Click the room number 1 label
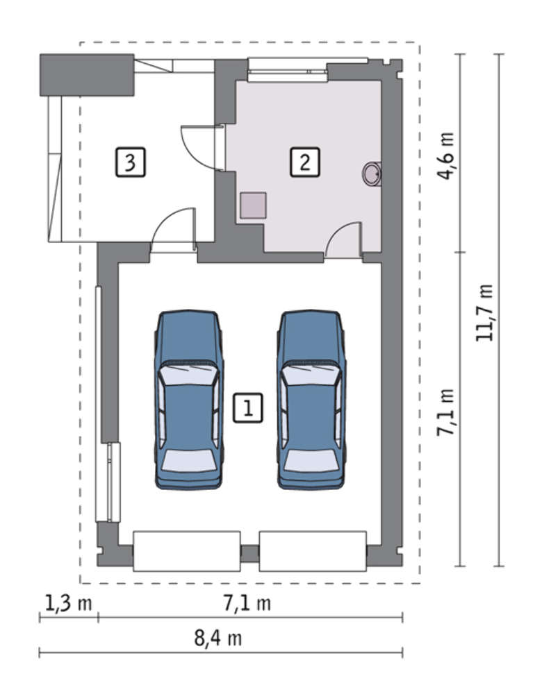(248, 407)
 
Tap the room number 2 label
(305, 162)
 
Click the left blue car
(188, 399)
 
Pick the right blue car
(311, 399)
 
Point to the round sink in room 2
(372, 173)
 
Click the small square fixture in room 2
(253, 205)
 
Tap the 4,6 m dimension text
(445, 155)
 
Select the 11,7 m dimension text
(484, 312)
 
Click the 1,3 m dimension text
(68, 603)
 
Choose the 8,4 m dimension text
(218, 638)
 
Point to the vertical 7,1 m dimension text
(445, 412)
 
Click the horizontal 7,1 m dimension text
(247, 603)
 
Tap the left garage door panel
(187, 551)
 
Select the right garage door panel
(313, 551)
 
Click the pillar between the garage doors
(250, 553)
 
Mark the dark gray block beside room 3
(87, 75)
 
